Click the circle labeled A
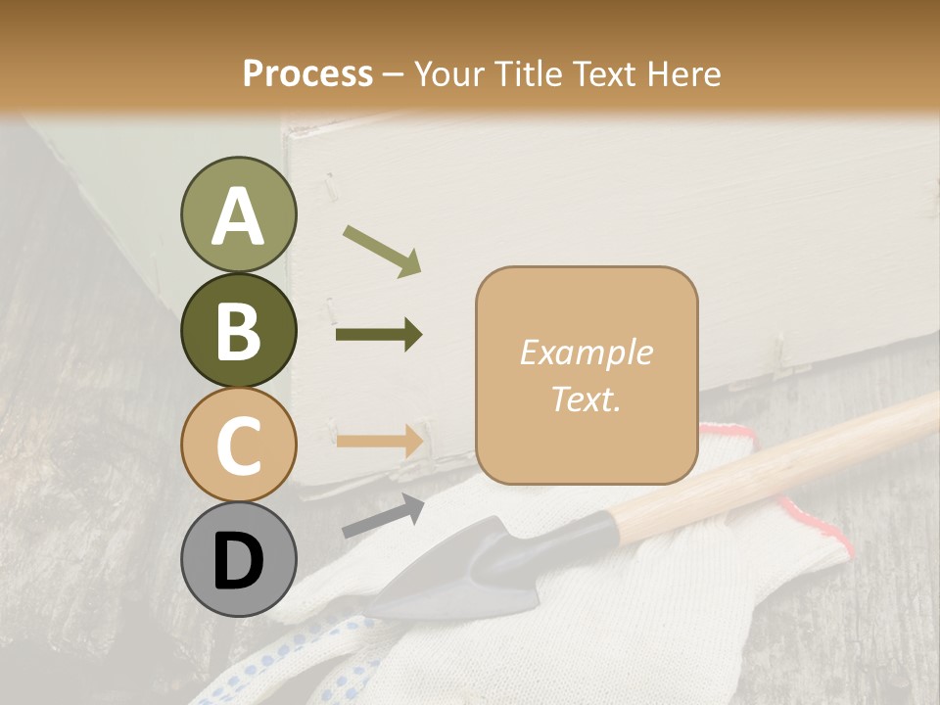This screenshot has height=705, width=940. [238, 215]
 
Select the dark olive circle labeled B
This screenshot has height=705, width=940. [238, 331]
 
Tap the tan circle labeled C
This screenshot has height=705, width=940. [238, 446]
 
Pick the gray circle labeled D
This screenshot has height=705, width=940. [238, 560]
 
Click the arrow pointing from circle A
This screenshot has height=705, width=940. [382, 250]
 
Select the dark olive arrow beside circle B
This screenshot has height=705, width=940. [379, 335]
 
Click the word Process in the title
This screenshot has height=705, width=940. [307, 73]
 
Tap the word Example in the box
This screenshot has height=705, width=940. [586, 352]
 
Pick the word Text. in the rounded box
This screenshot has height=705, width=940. [586, 399]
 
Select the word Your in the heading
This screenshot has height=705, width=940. [447, 73]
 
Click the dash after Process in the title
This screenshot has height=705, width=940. [393, 74]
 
